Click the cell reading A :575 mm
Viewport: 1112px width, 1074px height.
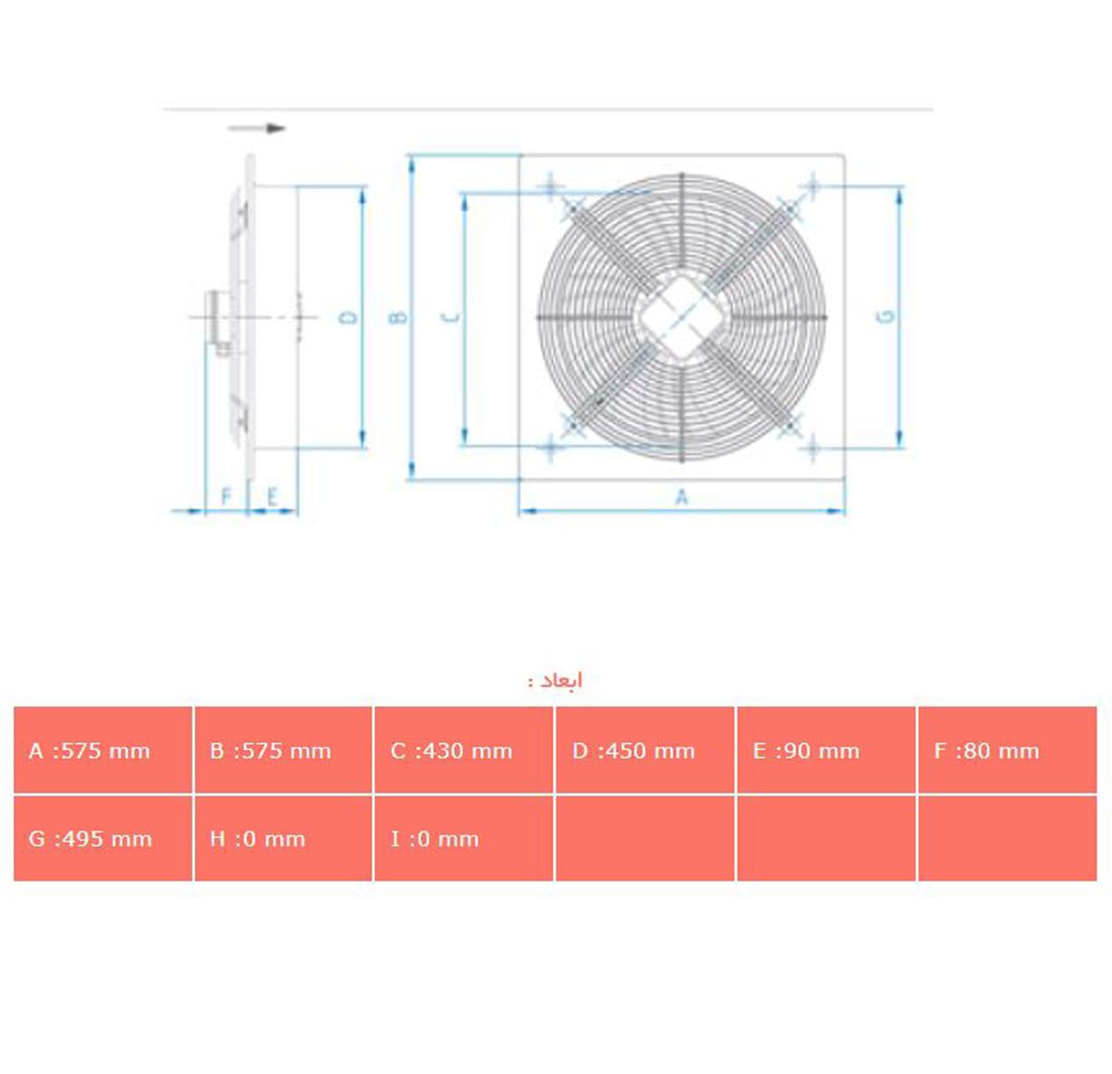(x=102, y=750)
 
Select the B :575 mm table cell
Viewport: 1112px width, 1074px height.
(x=283, y=750)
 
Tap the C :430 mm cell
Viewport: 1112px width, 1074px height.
(x=463, y=750)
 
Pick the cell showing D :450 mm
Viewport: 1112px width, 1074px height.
(x=645, y=750)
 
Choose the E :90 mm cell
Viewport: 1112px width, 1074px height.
(x=825, y=750)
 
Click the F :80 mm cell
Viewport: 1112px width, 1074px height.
(x=1006, y=750)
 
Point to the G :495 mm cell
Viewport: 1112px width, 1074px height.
(x=102, y=838)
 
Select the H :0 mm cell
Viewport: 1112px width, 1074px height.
(x=283, y=838)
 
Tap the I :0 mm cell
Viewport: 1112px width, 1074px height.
(x=463, y=838)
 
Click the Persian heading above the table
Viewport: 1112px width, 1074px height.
(x=556, y=680)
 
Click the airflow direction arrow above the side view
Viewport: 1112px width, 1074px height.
(x=258, y=128)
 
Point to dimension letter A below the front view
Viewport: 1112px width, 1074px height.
(x=682, y=496)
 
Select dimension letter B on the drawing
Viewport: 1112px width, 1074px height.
(x=398, y=317)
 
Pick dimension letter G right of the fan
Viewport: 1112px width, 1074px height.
(x=887, y=316)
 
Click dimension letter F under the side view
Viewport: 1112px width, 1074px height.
(x=226, y=496)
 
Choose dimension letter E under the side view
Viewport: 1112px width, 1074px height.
(x=271, y=496)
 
